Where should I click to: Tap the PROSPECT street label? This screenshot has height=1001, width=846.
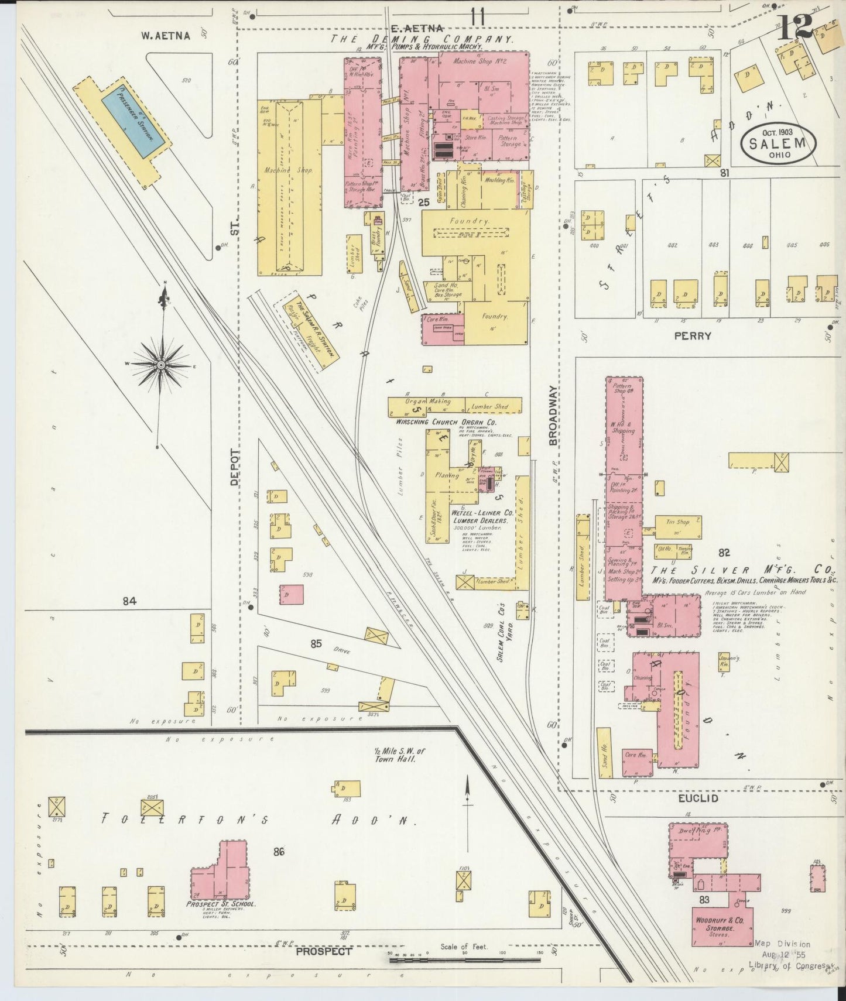tap(324, 951)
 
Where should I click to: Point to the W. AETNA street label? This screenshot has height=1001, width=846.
tap(166, 36)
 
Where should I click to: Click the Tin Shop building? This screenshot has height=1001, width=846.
tap(677, 526)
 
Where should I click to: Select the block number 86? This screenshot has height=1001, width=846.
tap(279, 852)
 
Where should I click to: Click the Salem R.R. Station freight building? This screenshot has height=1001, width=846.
tap(311, 332)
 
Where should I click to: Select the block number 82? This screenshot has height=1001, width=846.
tap(724, 552)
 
